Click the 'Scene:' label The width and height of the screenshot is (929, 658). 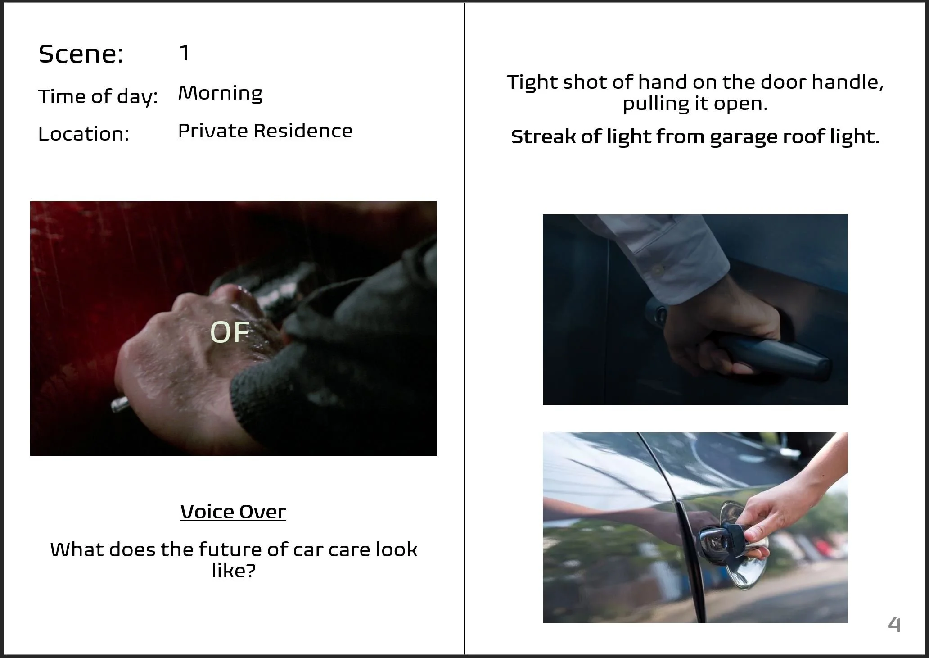(x=81, y=54)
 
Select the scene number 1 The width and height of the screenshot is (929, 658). (x=184, y=53)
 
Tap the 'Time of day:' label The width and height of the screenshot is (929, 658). (x=98, y=97)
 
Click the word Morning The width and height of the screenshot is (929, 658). (x=220, y=94)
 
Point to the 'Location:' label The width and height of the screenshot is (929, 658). (x=84, y=134)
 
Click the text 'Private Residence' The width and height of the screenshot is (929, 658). (x=265, y=131)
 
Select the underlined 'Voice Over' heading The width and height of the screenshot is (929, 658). (x=233, y=512)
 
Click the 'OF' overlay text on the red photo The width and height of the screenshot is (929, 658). (x=230, y=332)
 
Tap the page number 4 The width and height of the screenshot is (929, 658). (x=894, y=624)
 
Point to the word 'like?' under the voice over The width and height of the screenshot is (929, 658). (x=234, y=571)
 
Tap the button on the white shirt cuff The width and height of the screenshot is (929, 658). (x=658, y=270)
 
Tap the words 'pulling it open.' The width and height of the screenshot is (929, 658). (x=695, y=104)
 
